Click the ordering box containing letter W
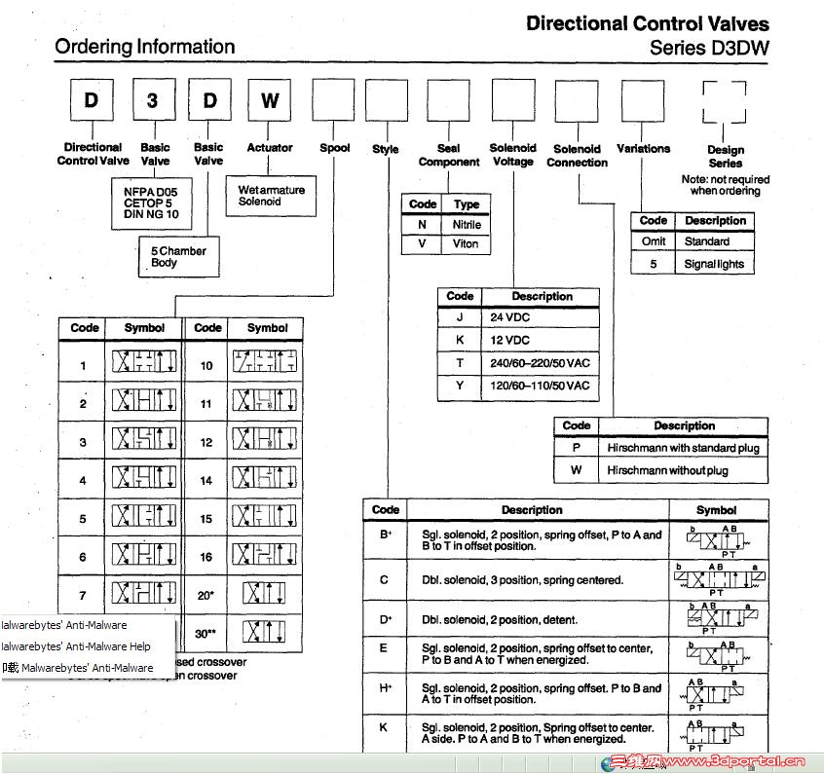[270, 100]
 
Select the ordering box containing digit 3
[151, 100]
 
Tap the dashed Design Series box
[724, 101]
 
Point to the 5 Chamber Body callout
[178, 257]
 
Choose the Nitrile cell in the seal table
[467, 224]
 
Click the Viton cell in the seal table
[467, 243]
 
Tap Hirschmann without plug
[682, 470]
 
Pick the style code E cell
[384, 648]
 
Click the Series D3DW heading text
[709, 47]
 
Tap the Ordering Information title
[144, 47]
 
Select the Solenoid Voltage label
[512, 155]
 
